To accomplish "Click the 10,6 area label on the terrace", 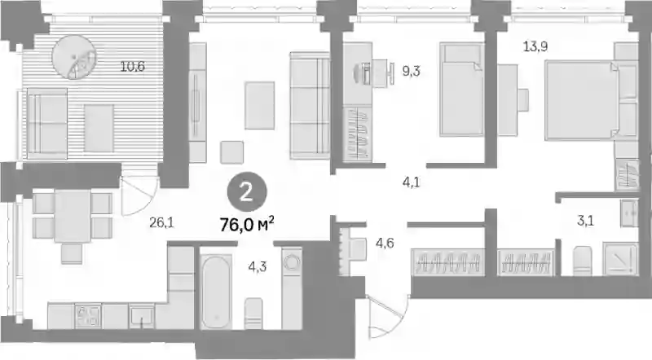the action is pos(133,66).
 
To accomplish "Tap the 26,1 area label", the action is pos(161,223).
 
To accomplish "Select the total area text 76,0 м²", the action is pos(247,225).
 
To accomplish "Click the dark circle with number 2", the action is pos(247,193).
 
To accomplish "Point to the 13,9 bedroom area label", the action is pos(535,46).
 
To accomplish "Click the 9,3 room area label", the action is pos(411,72).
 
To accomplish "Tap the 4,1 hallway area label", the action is pos(412,182).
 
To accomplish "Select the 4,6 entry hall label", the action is pos(385,243).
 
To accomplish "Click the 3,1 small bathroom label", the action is pos(585,221).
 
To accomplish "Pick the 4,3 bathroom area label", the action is pos(258,267).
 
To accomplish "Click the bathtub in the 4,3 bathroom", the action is pos(216,292).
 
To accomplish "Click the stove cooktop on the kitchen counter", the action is pos(88,316).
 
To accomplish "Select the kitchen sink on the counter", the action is pos(141,316).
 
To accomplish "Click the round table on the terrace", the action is pos(74,57).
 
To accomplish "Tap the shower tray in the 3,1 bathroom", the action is pos(620,259).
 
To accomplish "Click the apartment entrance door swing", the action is pos(387,316).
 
